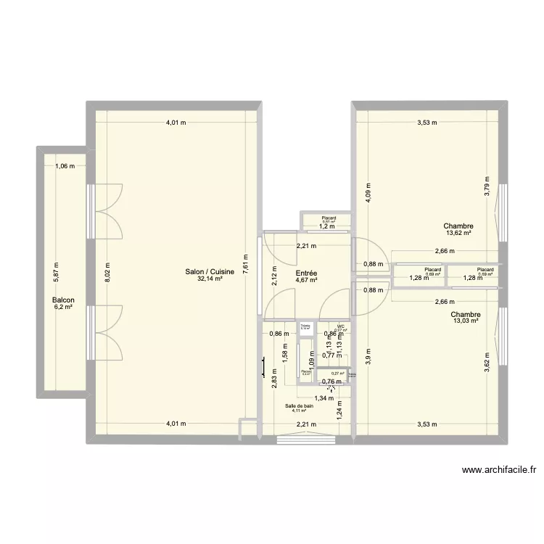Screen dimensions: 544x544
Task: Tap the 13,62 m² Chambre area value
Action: coord(459,233)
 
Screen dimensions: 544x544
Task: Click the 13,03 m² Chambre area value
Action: coord(465,321)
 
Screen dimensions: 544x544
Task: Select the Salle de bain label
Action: coord(299,406)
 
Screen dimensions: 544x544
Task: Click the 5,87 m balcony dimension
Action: coord(56,271)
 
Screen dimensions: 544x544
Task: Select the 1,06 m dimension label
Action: coord(65,166)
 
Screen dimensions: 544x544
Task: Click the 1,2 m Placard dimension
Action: coord(328,226)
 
